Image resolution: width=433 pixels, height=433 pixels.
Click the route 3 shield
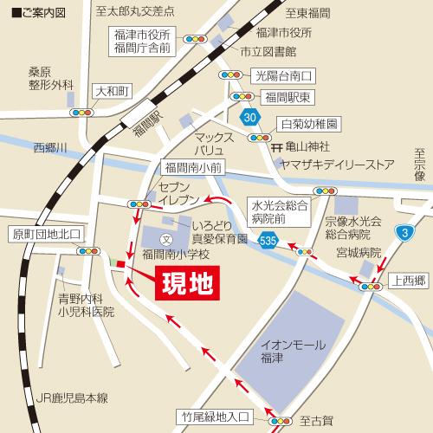tap(404, 231)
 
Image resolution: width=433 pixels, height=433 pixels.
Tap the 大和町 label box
tap(112, 91)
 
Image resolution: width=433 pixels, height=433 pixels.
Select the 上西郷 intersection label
tap(408, 279)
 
